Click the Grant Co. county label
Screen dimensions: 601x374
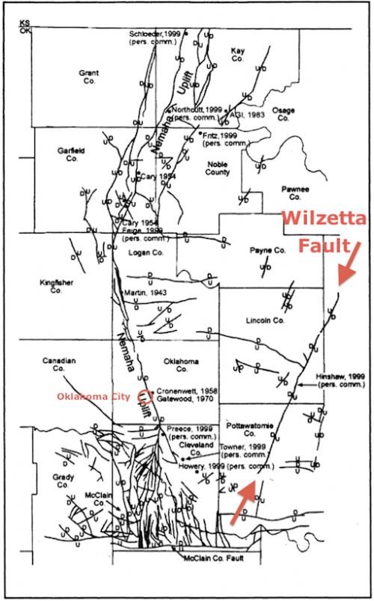(88, 77)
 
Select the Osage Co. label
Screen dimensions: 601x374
(283, 113)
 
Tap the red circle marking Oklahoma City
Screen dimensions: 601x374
(146, 397)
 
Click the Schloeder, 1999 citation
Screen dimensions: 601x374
(156, 34)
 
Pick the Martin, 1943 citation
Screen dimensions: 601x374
(147, 292)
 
